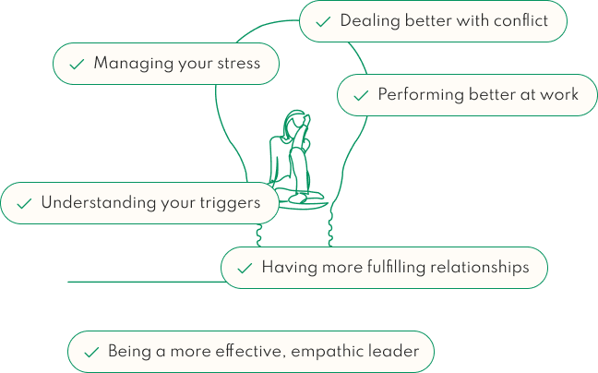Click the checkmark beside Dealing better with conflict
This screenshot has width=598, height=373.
point(322,21)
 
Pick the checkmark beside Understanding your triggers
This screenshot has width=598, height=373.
point(23,203)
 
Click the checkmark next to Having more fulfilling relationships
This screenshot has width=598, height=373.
point(244,268)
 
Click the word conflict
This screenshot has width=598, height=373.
point(520,20)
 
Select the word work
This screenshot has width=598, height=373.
point(559,94)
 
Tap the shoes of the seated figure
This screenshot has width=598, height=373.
point(300,197)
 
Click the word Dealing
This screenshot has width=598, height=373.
point(369,20)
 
